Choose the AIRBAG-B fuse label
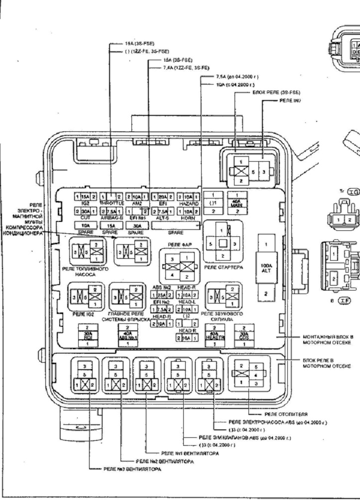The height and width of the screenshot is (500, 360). (x=111, y=217)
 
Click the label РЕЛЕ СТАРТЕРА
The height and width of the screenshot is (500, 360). (x=223, y=267)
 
